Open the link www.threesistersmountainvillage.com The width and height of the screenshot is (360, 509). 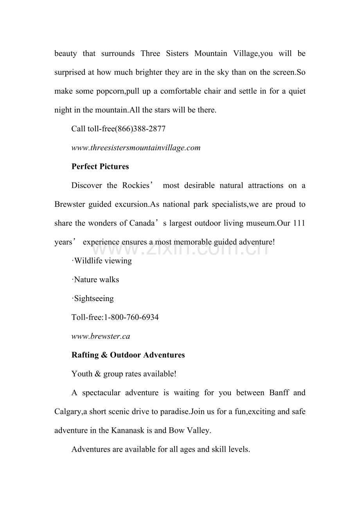point(136,148)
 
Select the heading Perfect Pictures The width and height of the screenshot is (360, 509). point(100,167)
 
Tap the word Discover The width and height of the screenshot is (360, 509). point(86,185)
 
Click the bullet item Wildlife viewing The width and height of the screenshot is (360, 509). point(102,261)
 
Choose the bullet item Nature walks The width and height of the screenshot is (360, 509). point(96,280)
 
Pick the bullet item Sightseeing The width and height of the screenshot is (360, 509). point(93,299)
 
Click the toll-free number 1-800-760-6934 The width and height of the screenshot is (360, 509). point(131,317)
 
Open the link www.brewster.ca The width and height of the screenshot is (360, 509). point(101,336)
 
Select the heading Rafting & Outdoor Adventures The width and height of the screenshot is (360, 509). point(128,355)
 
